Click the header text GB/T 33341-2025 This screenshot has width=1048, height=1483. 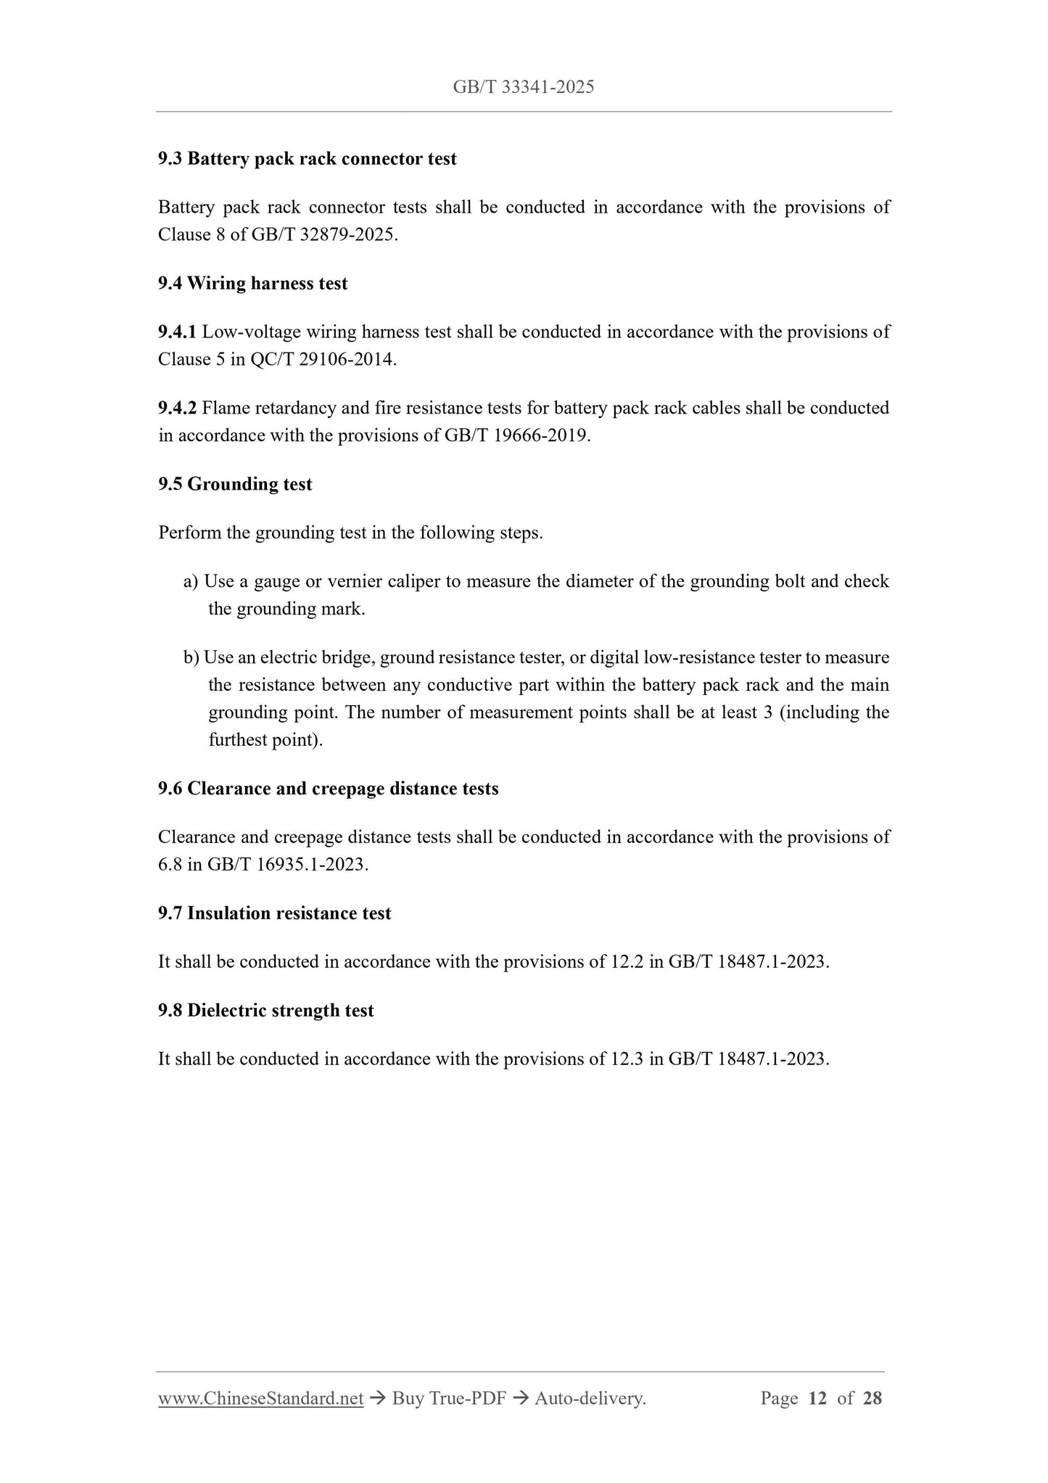click(x=523, y=88)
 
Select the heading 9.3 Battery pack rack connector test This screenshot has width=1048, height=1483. click(x=308, y=159)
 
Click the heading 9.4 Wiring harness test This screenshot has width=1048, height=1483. click(x=252, y=284)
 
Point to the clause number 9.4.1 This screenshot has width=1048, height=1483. click(x=177, y=332)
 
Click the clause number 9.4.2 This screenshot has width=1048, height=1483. click(x=177, y=408)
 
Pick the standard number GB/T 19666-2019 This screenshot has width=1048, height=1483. click(x=516, y=436)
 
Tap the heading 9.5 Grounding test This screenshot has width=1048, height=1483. click(x=235, y=484)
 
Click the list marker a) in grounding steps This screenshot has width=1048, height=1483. click(x=191, y=582)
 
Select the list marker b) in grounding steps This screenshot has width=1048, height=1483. click(x=191, y=658)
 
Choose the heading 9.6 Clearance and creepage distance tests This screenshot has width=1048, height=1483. click(x=328, y=789)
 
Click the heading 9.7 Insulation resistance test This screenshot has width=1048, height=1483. click(x=274, y=913)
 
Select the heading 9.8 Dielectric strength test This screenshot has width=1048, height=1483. click(x=265, y=1011)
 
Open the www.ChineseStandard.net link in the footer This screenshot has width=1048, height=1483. click(x=260, y=1399)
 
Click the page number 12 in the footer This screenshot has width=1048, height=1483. click(x=817, y=1399)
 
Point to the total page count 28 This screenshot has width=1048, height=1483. click(x=872, y=1399)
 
